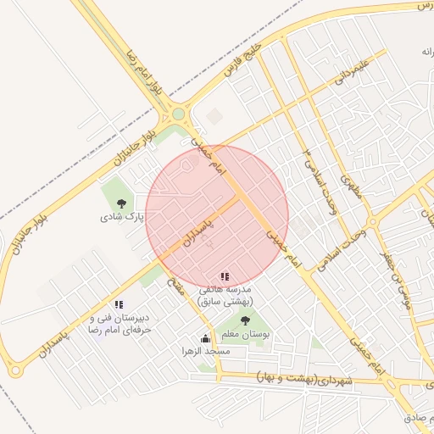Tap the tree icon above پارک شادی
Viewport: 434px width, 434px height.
click(x=123, y=203)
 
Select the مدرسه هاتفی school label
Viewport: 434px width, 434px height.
click(x=225, y=295)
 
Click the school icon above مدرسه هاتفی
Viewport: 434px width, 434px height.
click(x=225, y=276)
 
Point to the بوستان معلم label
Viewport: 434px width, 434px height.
click(x=245, y=336)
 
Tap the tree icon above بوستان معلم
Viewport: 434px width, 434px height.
click(x=245, y=320)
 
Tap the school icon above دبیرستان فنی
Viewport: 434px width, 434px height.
click(x=119, y=304)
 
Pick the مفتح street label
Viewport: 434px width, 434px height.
click(x=175, y=284)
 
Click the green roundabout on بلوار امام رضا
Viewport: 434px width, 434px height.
click(x=178, y=114)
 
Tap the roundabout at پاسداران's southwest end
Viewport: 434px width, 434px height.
click(x=14, y=370)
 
